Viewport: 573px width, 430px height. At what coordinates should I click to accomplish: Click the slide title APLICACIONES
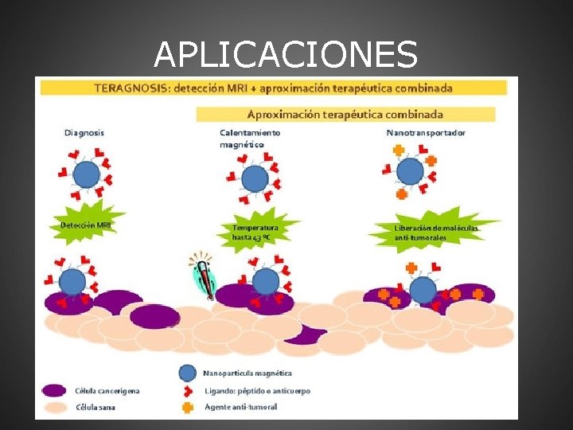286,54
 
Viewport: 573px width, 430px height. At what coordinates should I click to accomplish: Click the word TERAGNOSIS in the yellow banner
127,87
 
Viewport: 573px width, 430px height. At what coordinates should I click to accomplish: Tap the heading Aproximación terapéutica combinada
345,114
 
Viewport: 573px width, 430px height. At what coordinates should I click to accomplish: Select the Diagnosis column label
84,132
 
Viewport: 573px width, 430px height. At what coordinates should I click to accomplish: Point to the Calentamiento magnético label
250,139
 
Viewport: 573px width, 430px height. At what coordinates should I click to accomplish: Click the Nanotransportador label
426,132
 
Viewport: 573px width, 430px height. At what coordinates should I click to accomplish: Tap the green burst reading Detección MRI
86,225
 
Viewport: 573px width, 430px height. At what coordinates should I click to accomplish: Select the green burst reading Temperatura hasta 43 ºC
256,232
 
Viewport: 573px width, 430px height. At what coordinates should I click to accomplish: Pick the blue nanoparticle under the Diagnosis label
86,174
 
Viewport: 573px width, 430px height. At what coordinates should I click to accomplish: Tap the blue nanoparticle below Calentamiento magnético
255,178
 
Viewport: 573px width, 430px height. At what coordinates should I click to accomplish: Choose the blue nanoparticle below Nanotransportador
410,171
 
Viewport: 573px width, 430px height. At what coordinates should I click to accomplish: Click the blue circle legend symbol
188,373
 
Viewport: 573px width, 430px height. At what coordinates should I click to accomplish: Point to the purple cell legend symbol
53,390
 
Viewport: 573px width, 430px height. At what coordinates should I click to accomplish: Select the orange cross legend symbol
188,407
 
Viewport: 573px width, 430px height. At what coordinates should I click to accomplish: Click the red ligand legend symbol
188,390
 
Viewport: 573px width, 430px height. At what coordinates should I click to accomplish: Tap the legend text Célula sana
96,407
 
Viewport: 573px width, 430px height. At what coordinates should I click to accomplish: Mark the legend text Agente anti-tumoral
241,407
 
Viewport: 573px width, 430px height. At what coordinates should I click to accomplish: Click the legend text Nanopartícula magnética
248,373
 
